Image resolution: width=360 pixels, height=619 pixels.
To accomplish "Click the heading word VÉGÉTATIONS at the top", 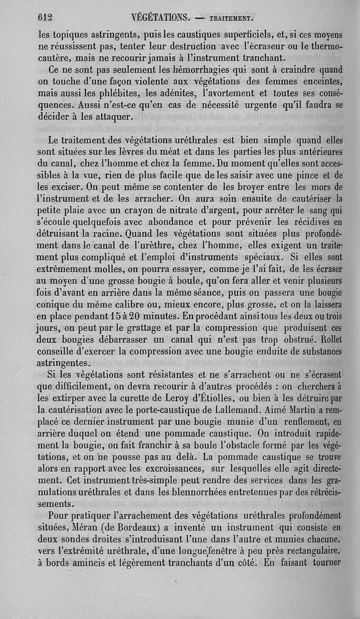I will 159,18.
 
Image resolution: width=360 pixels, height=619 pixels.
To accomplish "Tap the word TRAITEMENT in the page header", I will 232,19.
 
